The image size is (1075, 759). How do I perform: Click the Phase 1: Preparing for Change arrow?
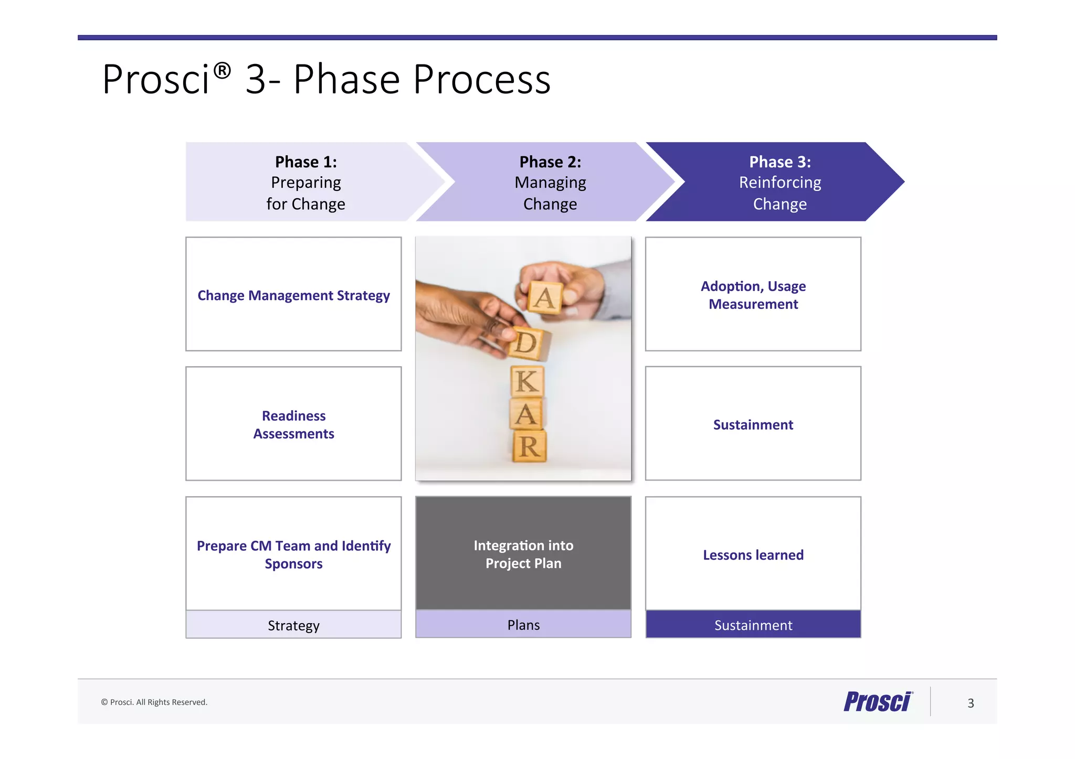pyautogui.click(x=306, y=182)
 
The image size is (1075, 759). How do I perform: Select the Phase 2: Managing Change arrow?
pyautogui.click(x=550, y=182)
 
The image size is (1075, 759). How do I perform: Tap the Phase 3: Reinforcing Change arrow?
pyautogui.click(x=779, y=182)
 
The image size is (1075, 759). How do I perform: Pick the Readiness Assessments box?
pyautogui.click(x=293, y=424)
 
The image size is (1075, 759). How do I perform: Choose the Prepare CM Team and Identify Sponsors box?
pyautogui.click(x=293, y=554)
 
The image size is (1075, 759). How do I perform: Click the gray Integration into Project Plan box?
pyautogui.click(x=523, y=553)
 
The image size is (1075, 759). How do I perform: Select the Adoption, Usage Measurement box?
pyautogui.click(x=753, y=294)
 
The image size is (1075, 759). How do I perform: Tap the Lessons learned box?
pyautogui.click(x=753, y=554)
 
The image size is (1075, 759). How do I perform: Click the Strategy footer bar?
pyautogui.click(x=293, y=625)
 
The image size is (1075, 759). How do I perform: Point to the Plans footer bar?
pyautogui.click(x=523, y=624)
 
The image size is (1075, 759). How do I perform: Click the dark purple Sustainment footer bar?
pyautogui.click(x=753, y=624)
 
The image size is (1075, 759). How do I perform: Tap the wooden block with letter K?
pyautogui.click(x=528, y=381)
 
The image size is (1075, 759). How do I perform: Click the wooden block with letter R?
pyautogui.click(x=529, y=447)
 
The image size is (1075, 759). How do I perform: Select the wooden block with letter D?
pyautogui.click(x=526, y=344)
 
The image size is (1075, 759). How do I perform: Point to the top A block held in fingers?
pyautogui.click(x=545, y=298)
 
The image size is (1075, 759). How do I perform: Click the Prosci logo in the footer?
pyautogui.click(x=878, y=701)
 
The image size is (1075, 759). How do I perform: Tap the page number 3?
pyautogui.click(x=971, y=703)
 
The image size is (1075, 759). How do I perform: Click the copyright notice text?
pyautogui.click(x=154, y=702)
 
